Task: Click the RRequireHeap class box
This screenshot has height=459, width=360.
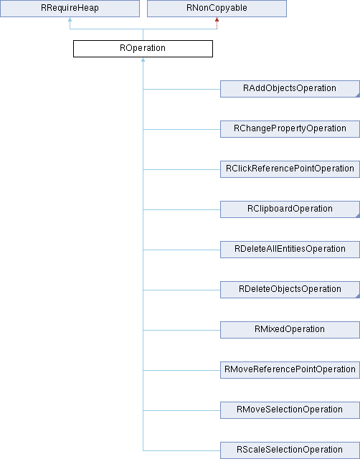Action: pyautogui.click(x=70, y=9)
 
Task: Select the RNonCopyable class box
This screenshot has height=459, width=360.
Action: pyautogui.click(x=217, y=9)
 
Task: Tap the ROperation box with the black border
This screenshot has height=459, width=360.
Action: pyautogui.click(x=143, y=49)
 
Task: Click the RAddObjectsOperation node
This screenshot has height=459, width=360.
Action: pyautogui.click(x=290, y=89)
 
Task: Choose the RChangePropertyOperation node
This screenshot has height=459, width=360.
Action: pyautogui.click(x=290, y=129)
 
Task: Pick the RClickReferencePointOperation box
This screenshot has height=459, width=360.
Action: pyautogui.click(x=290, y=169)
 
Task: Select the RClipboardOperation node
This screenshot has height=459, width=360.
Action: pyautogui.click(x=290, y=209)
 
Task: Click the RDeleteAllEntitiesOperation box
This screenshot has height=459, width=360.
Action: pyautogui.click(x=290, y=250)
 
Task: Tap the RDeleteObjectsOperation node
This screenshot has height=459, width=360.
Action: pyautogui.click(x=290, y=290)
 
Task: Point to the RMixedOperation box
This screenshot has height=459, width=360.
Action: pyautogui.click(x=290, y=330)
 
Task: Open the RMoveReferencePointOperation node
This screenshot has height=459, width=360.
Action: pyautogui.click(x=290, y=370)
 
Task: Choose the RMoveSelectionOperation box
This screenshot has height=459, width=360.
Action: pyautogui.click(x=290, y=410)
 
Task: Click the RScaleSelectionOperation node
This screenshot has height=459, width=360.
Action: pyautogui.click(x=290, y=450)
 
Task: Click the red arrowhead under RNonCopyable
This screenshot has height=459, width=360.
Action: pyautogui.click(x=217, y=19)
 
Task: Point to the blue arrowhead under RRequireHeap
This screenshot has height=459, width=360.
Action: pyautogui.click(x=70, y=19)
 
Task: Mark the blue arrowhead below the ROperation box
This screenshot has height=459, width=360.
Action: pyautogui.click(x=143, y=60)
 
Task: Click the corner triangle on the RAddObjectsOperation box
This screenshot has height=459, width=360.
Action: pyautogui.click(x=358, y=95)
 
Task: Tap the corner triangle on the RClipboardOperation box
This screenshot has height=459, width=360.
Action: pyautogui.click(x=358, y=215)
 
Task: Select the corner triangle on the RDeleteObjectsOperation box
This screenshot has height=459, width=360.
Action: pyautogui.click(x=358, y=295)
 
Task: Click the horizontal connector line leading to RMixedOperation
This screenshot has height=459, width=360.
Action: pyautogui.click(x=181, y=330)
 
